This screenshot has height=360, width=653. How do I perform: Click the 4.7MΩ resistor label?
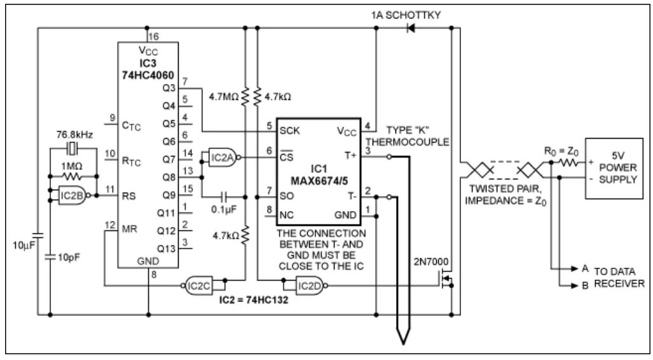[223, 99]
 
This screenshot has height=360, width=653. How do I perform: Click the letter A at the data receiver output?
[585, 269]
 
